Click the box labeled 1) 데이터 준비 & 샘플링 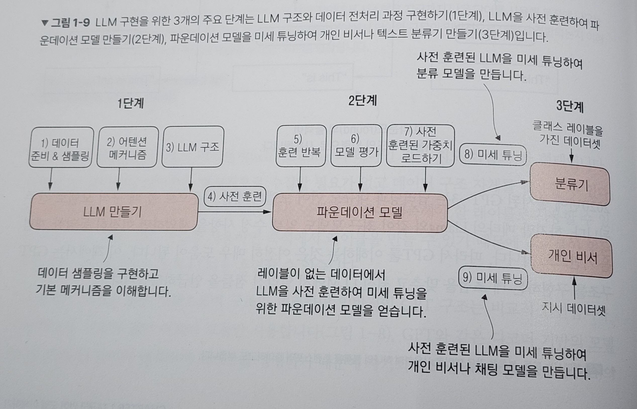click(x=61, y=147)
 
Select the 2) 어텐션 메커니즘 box click(x=127, y=147)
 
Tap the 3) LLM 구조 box click(x=192, y=147)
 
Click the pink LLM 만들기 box click(x=113, y=212)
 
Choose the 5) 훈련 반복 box click(x=301, y=146)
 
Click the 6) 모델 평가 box click(x=356, y=146)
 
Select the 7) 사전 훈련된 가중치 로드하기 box click(x=420, y=146)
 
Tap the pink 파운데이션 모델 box click(x=359, y=213)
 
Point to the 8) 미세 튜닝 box click(x=493, y=155)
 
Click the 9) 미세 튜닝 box click(x=493, y=278)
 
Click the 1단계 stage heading click(x=130, y=103)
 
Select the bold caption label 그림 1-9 click(x=70, y=23)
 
